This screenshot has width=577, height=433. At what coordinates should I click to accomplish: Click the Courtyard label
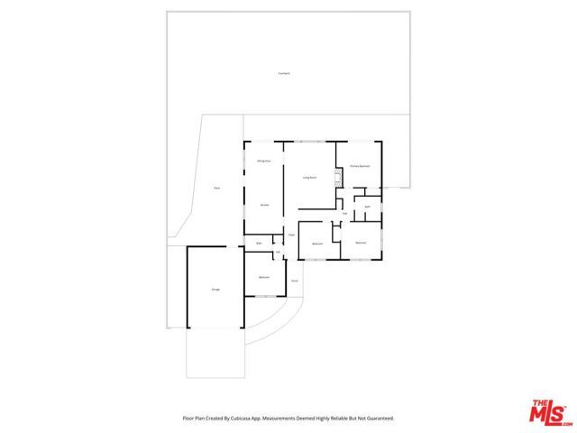[284, 73]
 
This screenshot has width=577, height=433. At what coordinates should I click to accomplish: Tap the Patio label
[216, 188]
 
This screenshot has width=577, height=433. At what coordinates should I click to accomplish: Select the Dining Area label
[264, 161]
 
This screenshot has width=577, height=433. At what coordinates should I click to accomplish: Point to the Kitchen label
[264, 206]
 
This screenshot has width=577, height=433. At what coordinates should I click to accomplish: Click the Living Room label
[308, 178]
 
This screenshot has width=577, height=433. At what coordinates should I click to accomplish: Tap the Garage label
[215, 289]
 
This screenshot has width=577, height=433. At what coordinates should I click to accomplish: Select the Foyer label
[291, 236]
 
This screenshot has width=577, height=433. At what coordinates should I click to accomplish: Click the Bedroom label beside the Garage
[264, 276]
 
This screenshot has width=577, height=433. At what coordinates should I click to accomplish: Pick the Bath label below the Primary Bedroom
[367, 207]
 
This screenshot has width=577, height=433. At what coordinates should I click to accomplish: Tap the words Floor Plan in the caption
[196, 419]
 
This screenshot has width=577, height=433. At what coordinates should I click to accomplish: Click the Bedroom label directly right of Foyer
[317, 244]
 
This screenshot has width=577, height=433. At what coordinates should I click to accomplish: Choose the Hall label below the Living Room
[345, 214]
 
